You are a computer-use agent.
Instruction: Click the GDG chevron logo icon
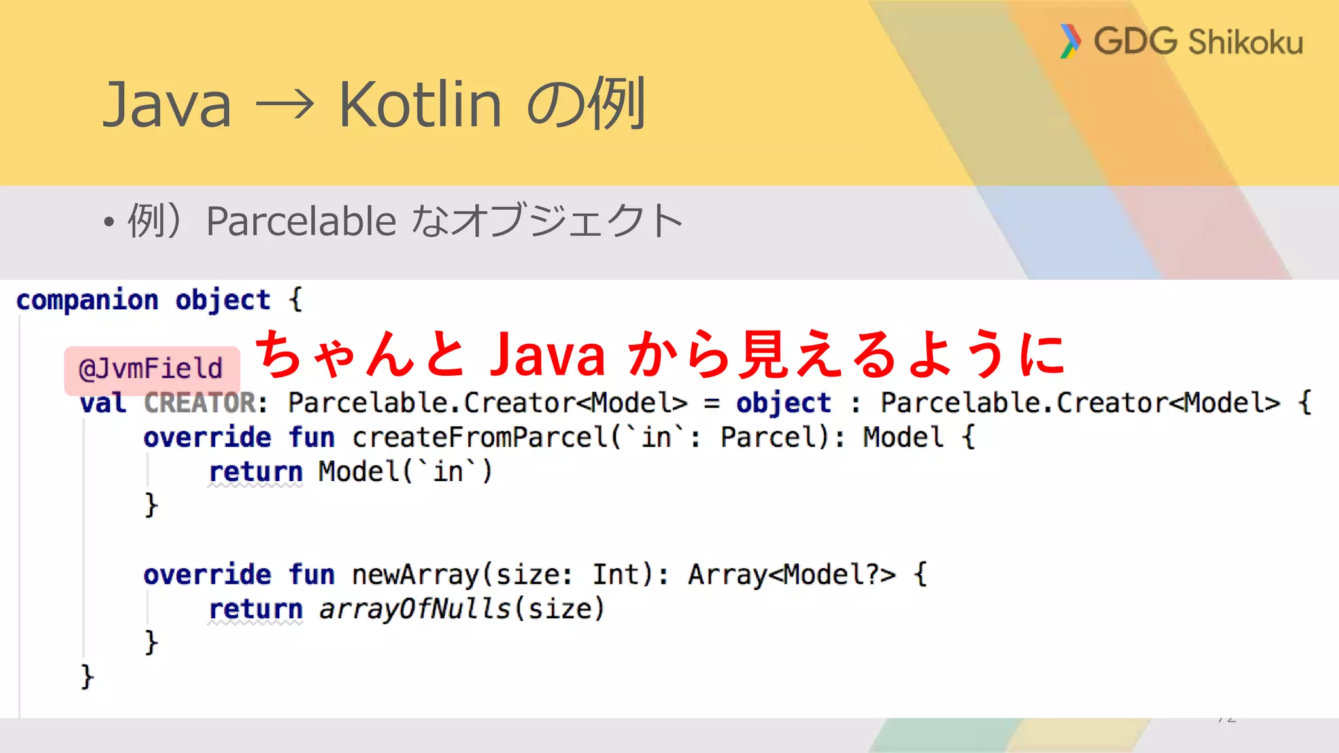click(x=1070, y=41)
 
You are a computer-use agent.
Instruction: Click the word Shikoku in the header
click(x=1246, y=42)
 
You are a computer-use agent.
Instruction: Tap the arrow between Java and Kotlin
click(x=285, y=105)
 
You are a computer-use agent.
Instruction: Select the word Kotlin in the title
click(x=420, y=105)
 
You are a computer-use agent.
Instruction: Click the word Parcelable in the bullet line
click(x=301, y=221)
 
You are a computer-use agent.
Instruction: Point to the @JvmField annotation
click(x=151, y=369)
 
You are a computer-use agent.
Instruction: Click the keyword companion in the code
click(x=88, y=300)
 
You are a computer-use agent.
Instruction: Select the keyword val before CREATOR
click(x=103, y=403)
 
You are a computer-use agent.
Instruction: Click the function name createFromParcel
click(x=481, y=437)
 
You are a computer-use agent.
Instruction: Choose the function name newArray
click(x=416, y=575)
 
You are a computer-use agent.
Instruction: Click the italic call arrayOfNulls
click(x=415, y=609)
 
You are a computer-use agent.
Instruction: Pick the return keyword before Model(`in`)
click(x=256, y=472)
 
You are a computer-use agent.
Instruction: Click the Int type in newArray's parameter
click(x=615, y=575)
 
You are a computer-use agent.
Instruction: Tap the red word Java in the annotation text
click(x=548, y=355)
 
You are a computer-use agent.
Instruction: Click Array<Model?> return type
click(x=791, y=575)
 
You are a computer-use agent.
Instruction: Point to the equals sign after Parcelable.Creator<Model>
click(x=712, y=403)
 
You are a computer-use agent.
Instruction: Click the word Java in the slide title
click(x=168, y=105)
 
